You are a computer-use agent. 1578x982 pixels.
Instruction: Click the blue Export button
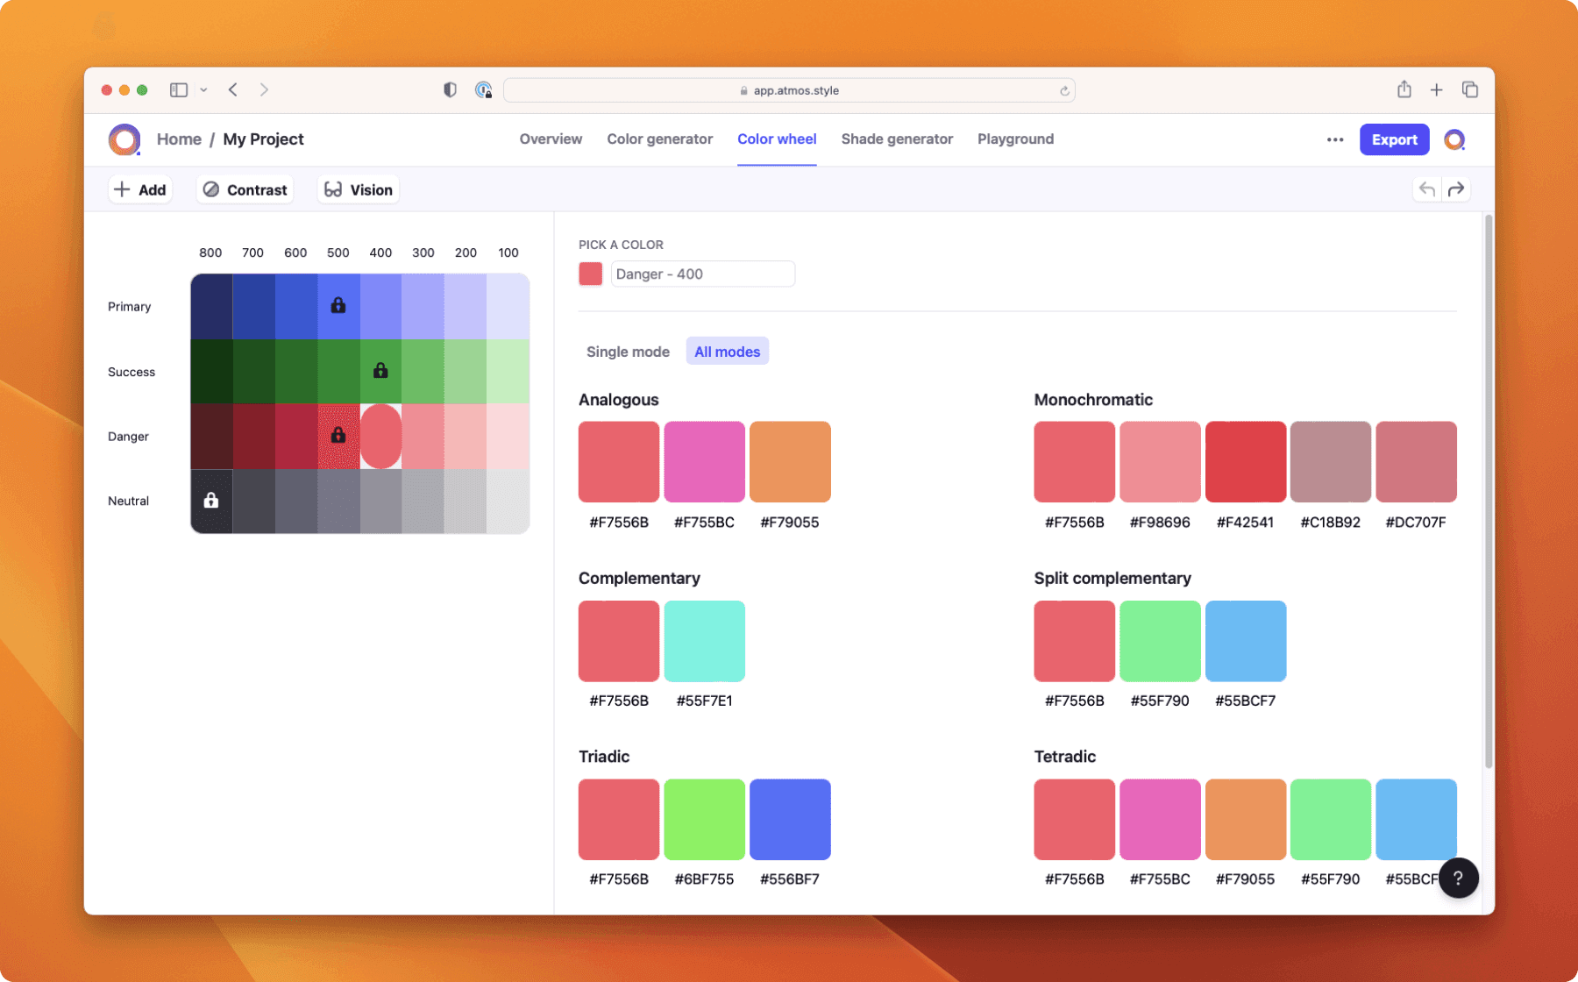pos(1394,139)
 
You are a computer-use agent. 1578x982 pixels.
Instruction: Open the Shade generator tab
pos(896,139)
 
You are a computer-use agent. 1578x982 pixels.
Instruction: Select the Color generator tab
pos(659,139)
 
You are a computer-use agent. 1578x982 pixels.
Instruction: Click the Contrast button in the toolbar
pos(245,189)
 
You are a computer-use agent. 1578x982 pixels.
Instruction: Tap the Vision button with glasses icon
pos(359,189)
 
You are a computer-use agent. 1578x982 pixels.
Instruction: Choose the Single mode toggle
pos(628,352)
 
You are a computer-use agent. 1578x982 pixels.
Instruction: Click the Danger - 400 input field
pos(702,274)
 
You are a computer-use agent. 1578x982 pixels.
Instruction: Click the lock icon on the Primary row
pos(338,305)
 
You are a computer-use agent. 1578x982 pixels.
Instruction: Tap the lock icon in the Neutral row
pos(211,500)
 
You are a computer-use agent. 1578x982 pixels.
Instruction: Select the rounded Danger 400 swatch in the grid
pos(380,436)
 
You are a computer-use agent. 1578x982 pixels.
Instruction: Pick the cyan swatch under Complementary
pos(704,641)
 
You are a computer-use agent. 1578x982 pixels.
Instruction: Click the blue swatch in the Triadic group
pos(790,819)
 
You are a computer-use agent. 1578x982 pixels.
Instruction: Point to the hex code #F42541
pos(1245,523)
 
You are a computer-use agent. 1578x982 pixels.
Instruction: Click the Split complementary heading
pos(1112,578)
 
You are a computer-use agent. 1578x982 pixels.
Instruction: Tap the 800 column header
pos(210,253)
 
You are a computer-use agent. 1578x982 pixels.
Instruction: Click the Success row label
pos(131,372)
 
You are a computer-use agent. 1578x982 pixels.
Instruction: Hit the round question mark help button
pos(1458,878)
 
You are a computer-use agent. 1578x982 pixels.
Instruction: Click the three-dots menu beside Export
pos(1335,139)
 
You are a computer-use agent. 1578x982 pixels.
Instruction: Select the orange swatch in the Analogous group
pos(790,461)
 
